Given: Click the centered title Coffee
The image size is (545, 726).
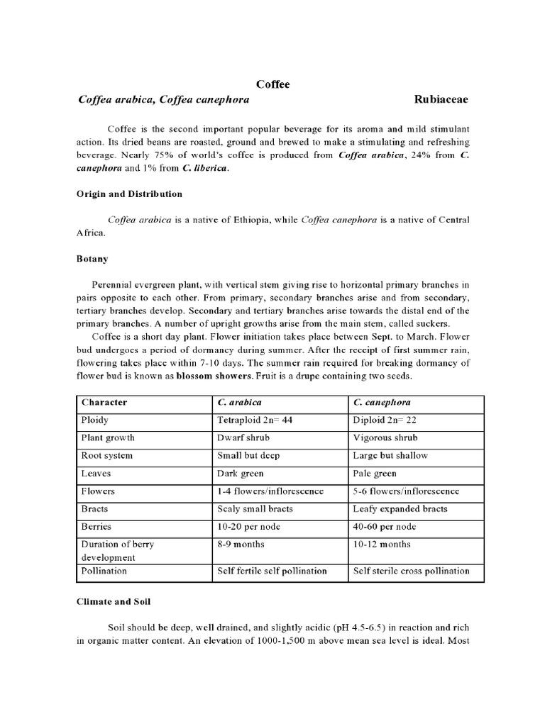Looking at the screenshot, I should click(x=273, y=84).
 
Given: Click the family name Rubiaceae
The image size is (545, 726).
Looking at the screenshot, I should click(x=441, y=100).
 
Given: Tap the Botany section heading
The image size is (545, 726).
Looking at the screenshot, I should click(x=92, y=260).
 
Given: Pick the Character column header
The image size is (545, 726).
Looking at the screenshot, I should click(x=104, y=403).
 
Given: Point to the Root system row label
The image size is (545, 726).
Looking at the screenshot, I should click(x=107, y=456).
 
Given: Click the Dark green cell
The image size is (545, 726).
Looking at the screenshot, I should click(x=241, y=474).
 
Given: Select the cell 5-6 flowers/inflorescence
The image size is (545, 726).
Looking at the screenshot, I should click(x=406, y=491).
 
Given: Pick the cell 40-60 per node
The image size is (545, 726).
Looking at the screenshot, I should click(x=383, y=527).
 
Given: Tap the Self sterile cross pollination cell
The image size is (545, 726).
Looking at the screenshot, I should click(x=411, y=571).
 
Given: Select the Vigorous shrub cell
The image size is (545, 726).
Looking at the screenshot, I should click(x=385, y=438).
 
